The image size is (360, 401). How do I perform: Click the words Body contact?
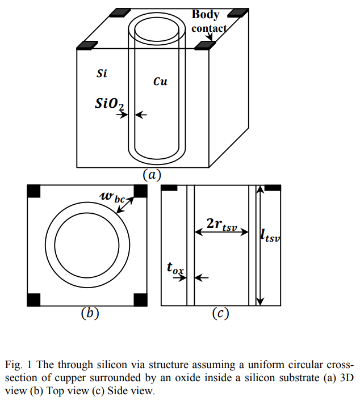click(x=208, y=21)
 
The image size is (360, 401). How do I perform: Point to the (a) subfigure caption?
click(x=152, y=175)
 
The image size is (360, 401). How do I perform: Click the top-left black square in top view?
click(x=34, y=191)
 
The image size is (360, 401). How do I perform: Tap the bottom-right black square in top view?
click(x=140, y=299)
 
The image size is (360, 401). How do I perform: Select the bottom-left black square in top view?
click(x=34, y=299)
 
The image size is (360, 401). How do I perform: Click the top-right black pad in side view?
click(x=273, y=187)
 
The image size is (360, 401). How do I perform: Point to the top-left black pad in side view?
click(x=170, y=187)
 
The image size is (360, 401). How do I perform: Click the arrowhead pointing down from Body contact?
click(x=210, y=39)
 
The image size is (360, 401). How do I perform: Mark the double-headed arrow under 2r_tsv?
click(x=221, y=231)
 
